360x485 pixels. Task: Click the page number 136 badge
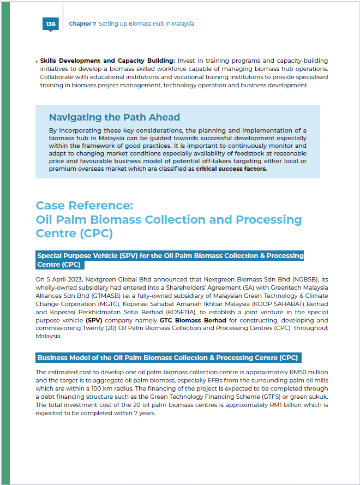coord(51,24)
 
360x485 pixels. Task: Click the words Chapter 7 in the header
coord(82,24)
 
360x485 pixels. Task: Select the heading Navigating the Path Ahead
coord(114,117)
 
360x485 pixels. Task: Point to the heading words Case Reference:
coord(84,205)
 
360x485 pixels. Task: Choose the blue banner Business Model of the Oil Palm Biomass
coord(168,358)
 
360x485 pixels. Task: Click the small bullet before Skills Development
coord(37,61)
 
